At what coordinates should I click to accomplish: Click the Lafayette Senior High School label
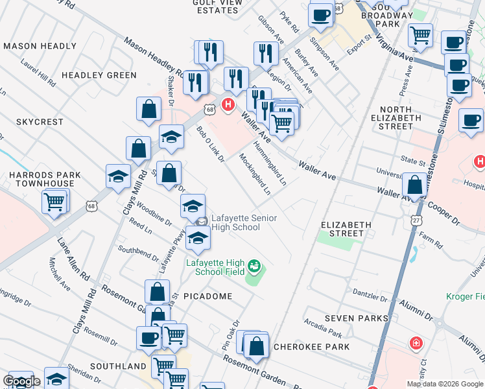tap(235, 223)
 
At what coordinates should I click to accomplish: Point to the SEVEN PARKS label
tap(356, 318)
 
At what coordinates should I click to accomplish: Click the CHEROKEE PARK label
tap(311, 347)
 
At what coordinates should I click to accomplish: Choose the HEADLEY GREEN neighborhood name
tap(99, 75)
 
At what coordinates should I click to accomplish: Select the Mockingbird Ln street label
tap(254, 174)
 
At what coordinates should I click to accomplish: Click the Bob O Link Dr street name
tap(210, 144)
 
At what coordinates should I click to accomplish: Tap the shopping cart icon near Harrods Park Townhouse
tap(55, 202)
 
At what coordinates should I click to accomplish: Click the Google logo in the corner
tap(21, 382)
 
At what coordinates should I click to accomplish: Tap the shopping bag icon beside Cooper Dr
tap(414, 185)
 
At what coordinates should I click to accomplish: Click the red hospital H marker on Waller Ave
tap(228, 104)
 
